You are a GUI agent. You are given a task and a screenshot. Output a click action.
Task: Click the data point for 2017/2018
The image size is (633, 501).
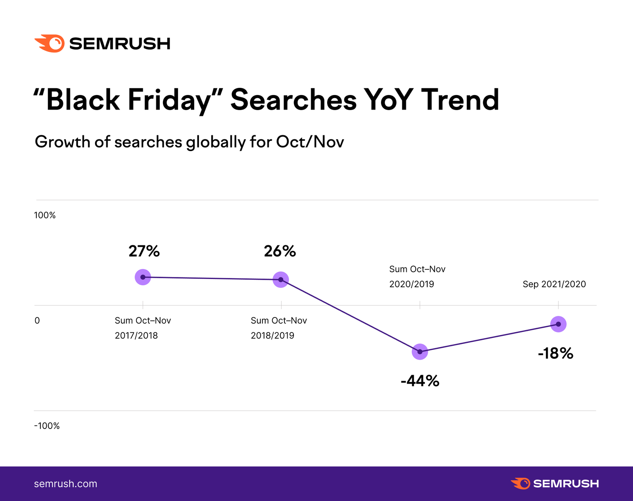[143, 277]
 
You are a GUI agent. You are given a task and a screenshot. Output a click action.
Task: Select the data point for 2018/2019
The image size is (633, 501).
[280, 280]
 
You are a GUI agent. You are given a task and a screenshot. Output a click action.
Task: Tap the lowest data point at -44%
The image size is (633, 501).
[420, 351]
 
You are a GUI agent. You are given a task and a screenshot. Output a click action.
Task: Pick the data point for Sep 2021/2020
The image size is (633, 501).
[558, 324]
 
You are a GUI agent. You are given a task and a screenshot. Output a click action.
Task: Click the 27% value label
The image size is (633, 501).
[144, 251]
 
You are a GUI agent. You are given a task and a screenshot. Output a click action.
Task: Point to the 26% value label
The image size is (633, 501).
[280, 251]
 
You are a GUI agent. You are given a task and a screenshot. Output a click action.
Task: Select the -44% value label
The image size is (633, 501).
[420, 381]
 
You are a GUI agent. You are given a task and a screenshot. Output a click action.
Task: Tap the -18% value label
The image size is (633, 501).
[555, 353]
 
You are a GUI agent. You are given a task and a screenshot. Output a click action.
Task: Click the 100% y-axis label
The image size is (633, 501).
[45, 215]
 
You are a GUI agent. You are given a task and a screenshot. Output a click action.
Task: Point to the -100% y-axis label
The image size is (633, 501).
[47, 426]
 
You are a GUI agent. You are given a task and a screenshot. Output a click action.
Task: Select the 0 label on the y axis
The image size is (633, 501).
[37, 321]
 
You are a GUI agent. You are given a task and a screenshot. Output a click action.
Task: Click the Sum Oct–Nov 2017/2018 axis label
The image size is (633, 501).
[142, 328]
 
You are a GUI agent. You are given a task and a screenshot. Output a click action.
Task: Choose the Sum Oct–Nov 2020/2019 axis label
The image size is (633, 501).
[417, 277]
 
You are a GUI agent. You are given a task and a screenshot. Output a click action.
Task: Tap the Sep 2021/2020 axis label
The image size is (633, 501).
[554, 284]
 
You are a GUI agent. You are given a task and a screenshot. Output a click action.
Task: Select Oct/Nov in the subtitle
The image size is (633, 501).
[310, 142]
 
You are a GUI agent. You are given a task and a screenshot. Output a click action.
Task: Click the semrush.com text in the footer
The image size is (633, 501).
[66, 484]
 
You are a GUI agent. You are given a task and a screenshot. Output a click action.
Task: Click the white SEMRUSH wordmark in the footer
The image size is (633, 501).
[566, 484]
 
